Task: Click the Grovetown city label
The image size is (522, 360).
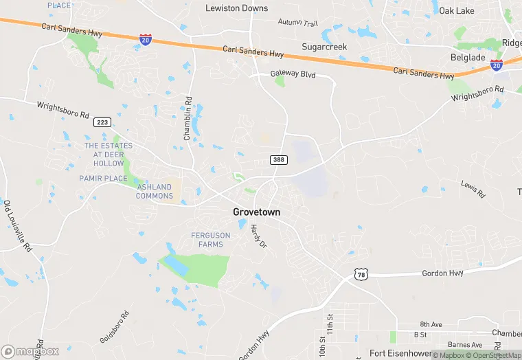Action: point(256,212)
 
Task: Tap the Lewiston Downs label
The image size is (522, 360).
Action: point(236,8)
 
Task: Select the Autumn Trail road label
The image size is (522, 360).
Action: point(298,23)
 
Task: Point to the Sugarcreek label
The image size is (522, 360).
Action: point(324,47)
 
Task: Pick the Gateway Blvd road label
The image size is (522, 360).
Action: point(293,74)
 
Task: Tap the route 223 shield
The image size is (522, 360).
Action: point(102,122)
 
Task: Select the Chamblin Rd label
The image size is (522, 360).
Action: point(187,118)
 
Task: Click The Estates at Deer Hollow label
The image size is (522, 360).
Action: point(104,155)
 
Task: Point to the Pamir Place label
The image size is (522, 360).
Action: point(103,179)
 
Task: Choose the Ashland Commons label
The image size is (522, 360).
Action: point(155,191)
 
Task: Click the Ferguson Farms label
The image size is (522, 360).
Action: point(211,240)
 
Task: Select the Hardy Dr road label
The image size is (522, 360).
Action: point(258,236)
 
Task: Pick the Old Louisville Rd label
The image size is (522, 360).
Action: point(18,227)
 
